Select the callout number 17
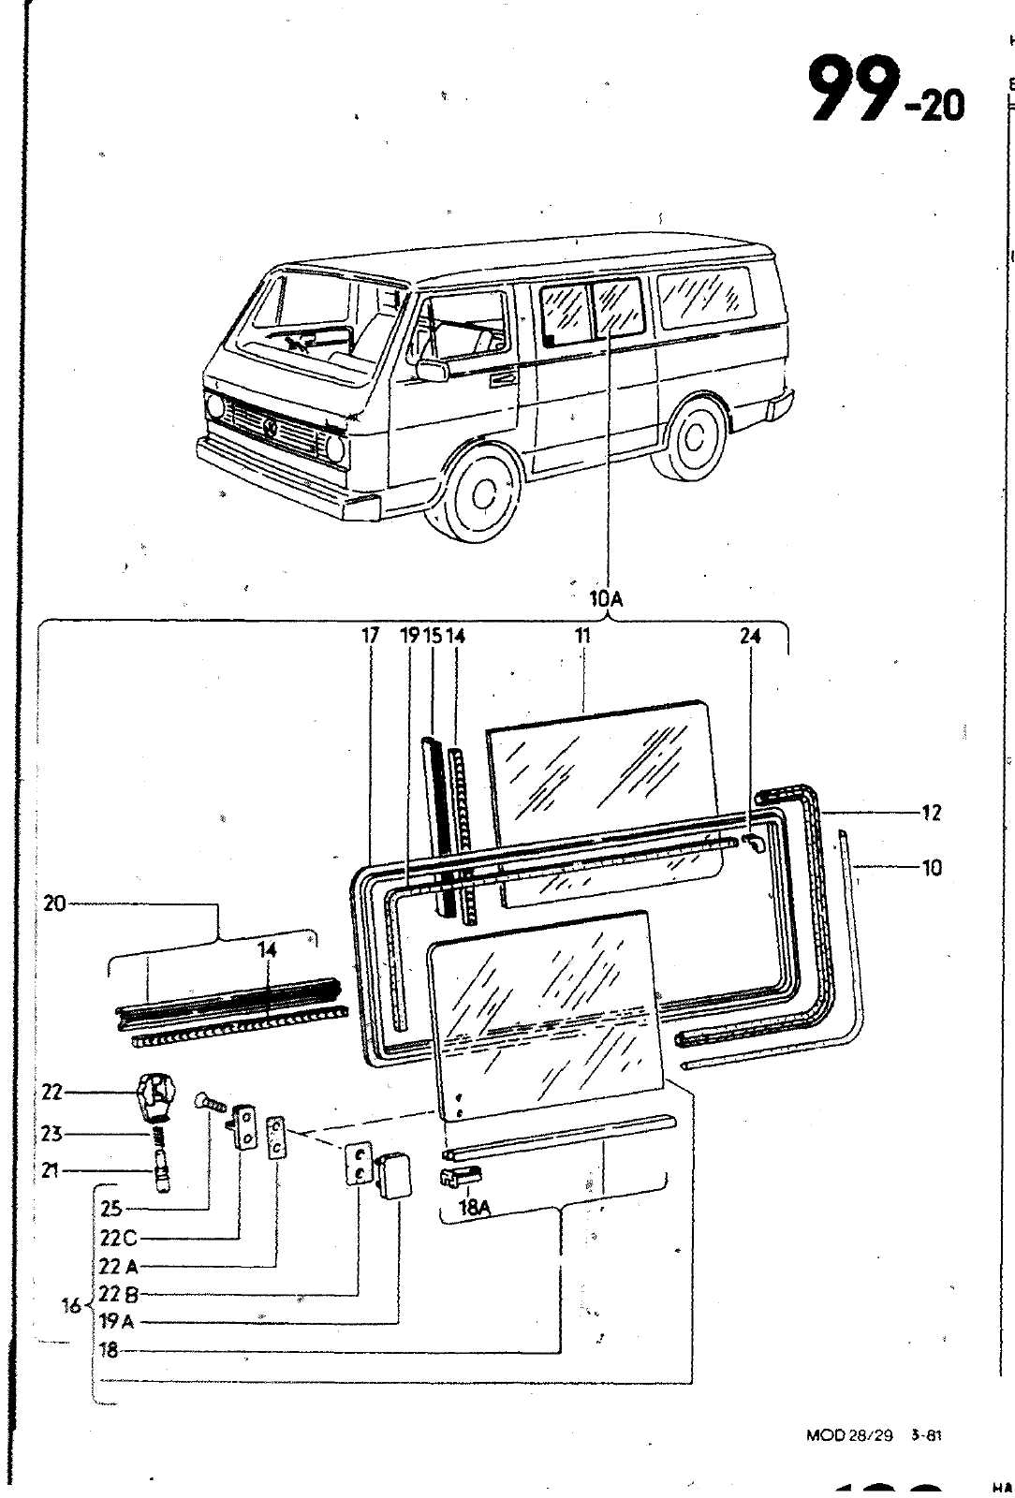[x=371, y=636]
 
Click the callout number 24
[x=749, y=636]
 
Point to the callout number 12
[x=930, y=813]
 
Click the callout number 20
[x=55, y=903]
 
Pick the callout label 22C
[x=118, y=1239]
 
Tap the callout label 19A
[x=118, y=1322]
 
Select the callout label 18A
[x=476, y=1209]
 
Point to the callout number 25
[x=111, y=1211]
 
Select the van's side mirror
[x=432, y=367]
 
